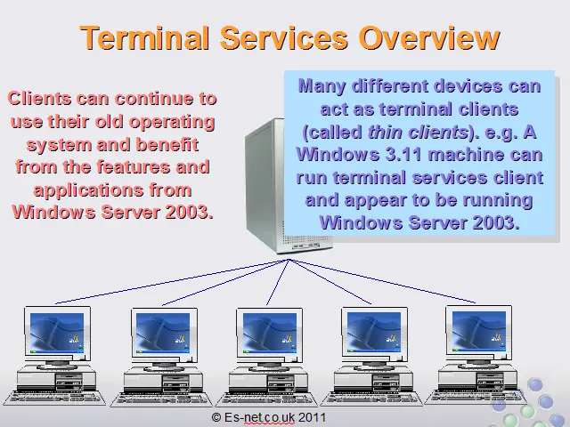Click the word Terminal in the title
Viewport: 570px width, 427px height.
(145, 38)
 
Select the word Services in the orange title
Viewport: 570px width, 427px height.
(284, 38)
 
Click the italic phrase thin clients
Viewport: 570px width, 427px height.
(418, 133)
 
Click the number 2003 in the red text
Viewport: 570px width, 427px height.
(189, 212)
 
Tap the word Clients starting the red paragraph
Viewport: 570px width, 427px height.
(39, 99)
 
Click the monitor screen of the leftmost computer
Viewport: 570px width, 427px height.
(57, 333)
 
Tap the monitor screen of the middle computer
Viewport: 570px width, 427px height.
(269, 333)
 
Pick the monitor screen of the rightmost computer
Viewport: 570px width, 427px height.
(479, 331)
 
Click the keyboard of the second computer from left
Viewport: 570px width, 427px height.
(161, 399)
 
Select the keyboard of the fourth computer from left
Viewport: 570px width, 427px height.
(371, 399)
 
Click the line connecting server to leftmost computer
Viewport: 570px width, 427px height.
(172, 281)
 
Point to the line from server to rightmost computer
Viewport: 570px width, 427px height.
(382, 281)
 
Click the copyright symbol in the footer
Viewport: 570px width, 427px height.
(216, 417)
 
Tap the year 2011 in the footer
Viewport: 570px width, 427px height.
(312, 417)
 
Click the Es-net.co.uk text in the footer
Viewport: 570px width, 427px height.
(259, 417)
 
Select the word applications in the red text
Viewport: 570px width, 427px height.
(88, 190)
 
